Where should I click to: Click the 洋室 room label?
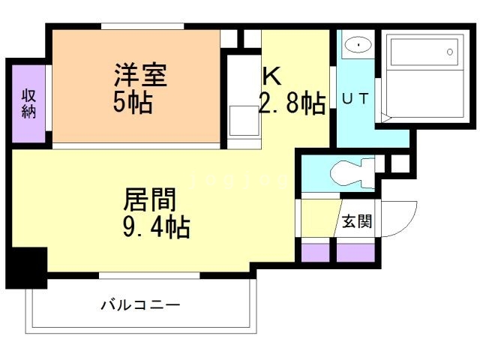[x=140, y=75]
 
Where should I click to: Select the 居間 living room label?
[x=150, y=199]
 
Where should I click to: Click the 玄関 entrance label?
[x=356, y=221]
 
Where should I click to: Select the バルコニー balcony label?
[x=141, y=306]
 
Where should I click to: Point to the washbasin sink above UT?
[x=358, y=46]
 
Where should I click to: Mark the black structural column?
[x=27, y=266]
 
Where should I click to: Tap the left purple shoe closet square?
[x=316, y=252]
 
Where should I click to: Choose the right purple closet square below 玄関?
[x=355, y=252]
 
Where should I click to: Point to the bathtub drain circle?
[x=450, y=52]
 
